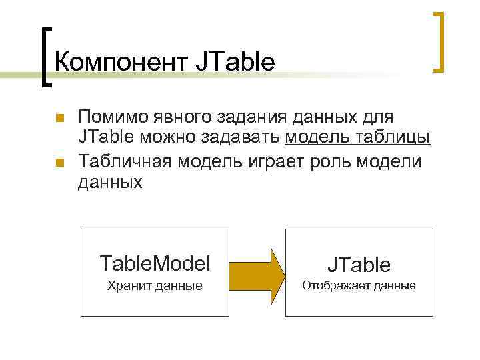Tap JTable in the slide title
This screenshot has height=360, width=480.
coord(234,63)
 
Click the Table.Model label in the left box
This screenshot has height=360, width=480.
coord(154,263)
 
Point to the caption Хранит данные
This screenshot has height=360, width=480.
coord(155,287)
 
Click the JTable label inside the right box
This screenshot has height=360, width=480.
coord(359,265)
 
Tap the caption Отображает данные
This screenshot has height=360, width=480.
coord(359,286)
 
